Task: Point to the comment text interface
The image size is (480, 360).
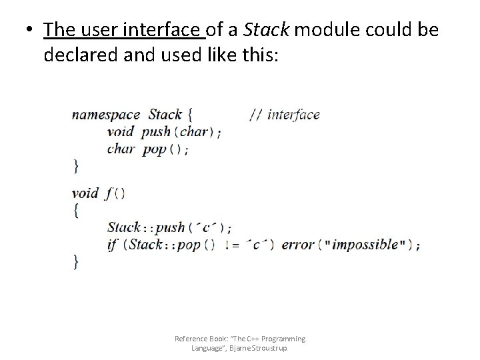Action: coord(293,115)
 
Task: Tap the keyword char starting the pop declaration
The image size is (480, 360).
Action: coord(120,149)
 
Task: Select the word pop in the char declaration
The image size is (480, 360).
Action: coord(154,149)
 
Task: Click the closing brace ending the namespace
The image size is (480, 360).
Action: coord(75,165)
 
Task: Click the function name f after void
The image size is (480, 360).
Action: coord(109,193)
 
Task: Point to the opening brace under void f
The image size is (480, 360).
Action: coord(75,210)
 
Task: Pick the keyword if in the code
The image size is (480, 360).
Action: coord(112,244)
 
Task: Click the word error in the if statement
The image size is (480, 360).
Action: coord(297,244)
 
